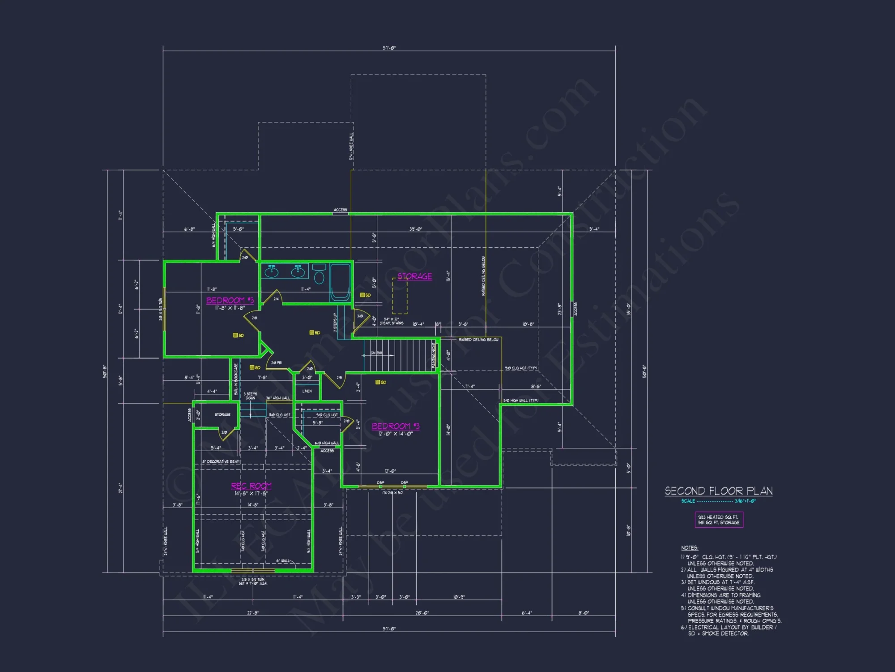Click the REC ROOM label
[x=251, y=486]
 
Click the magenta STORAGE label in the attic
[x=414, y=276]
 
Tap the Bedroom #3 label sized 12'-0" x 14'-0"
[x=396, y=426]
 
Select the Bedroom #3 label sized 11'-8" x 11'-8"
[x=230, y=301]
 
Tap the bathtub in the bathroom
[x=340, y=282]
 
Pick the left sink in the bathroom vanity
[x=272, y=271]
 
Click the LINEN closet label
[x=307, y=391]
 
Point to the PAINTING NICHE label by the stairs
[x=433, y=355]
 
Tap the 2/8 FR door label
[x=276, y=363]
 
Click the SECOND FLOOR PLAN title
[x=718, y=491]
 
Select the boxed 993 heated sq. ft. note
[x=719, y=520]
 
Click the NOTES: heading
[x=690, y=548]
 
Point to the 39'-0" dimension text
[x=415, y=229]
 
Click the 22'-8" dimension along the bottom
[x=252, y=613]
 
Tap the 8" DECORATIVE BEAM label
[x=221, y=461]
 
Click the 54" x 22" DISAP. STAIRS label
[x=391, y=321]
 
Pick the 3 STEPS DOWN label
[x=250, y=396]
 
